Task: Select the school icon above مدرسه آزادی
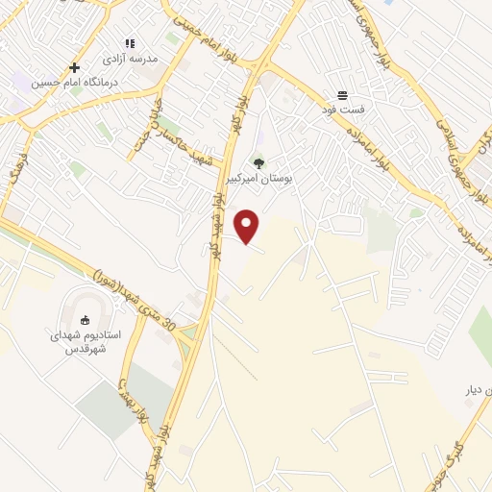(131, 44)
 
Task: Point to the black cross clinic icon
(74, 67)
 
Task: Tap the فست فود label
(343, 111)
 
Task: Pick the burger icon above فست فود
(342, 96)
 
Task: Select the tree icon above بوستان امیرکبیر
(258, 162)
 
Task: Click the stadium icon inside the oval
(84, 320)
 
